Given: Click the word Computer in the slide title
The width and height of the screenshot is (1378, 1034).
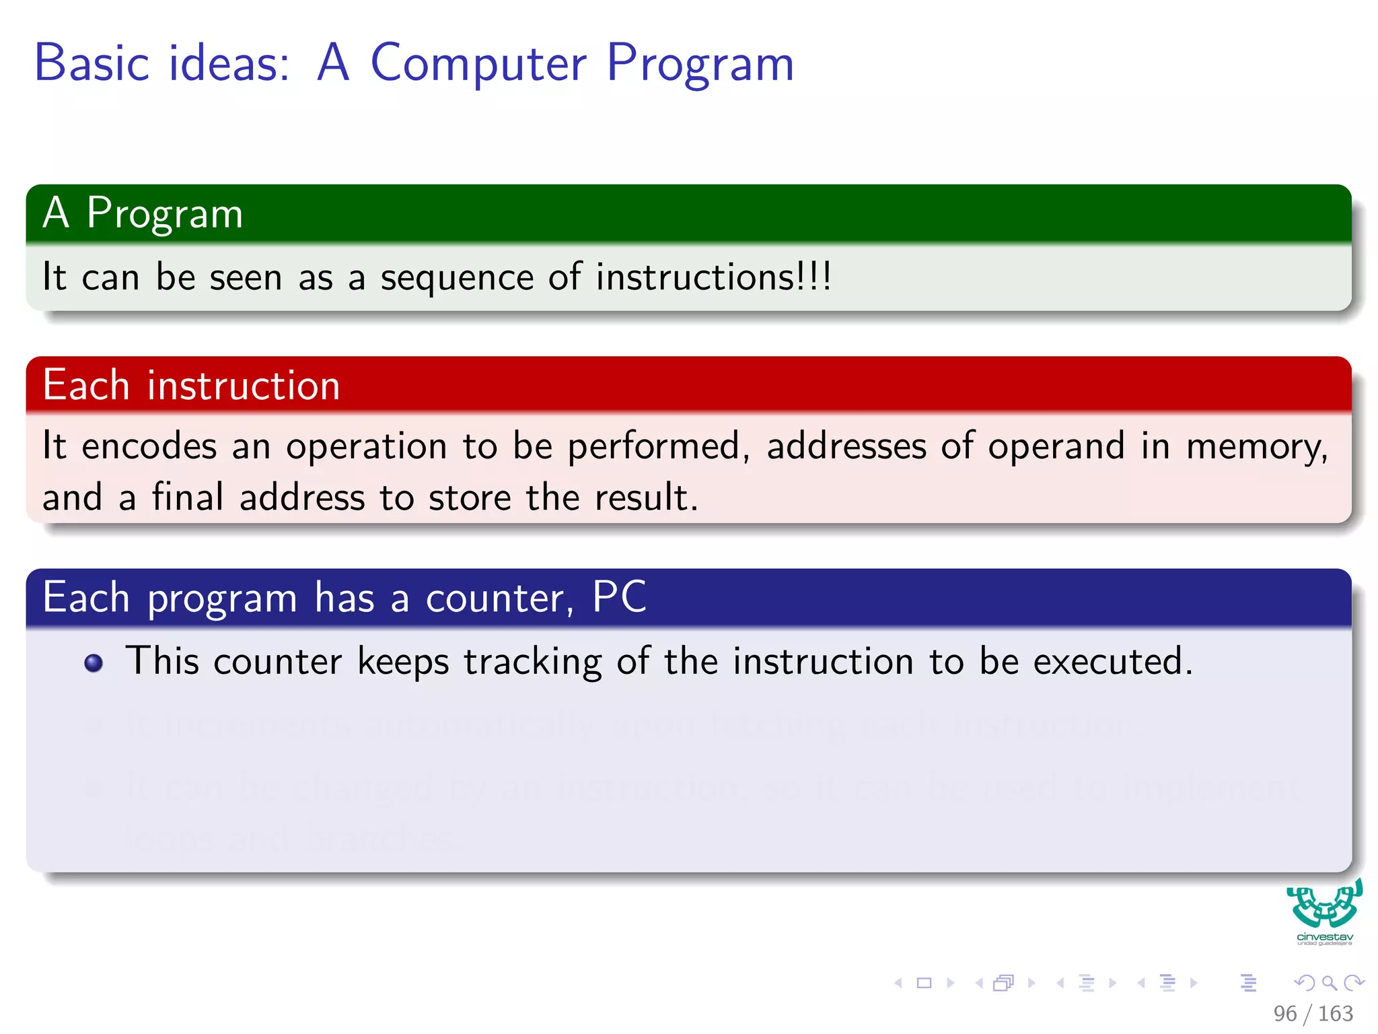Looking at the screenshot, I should click(x=478, y=64).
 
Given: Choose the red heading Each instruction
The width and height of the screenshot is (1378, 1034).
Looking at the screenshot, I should click(x=191, y=386).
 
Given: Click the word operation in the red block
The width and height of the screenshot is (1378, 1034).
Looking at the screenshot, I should click(x=366, y=446).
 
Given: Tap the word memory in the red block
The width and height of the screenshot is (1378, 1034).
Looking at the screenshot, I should click(x=1256, y=446).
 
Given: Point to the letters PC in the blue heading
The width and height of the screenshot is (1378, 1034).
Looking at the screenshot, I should click(x=619, y=596).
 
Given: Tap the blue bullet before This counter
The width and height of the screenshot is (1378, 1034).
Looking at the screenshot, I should click(x=94, y=663).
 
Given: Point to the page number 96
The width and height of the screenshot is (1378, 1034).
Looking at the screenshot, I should click(x=1284, y=1013).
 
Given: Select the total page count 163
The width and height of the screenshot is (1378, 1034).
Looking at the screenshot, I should click(x=1335, y=1013).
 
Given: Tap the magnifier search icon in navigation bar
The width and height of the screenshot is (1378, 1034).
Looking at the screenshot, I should click(x=1329, y=983).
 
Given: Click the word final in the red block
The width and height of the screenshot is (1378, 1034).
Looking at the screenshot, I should click(x=187, y=497).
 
